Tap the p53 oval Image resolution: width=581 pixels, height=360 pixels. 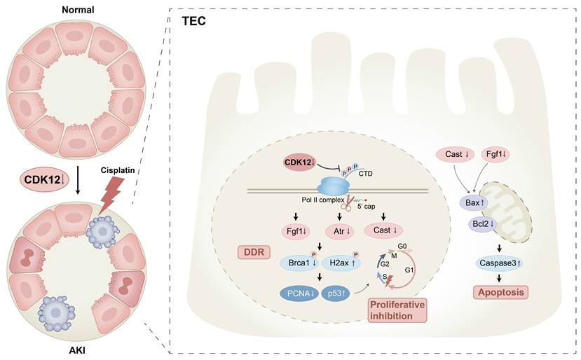coord(327,293)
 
